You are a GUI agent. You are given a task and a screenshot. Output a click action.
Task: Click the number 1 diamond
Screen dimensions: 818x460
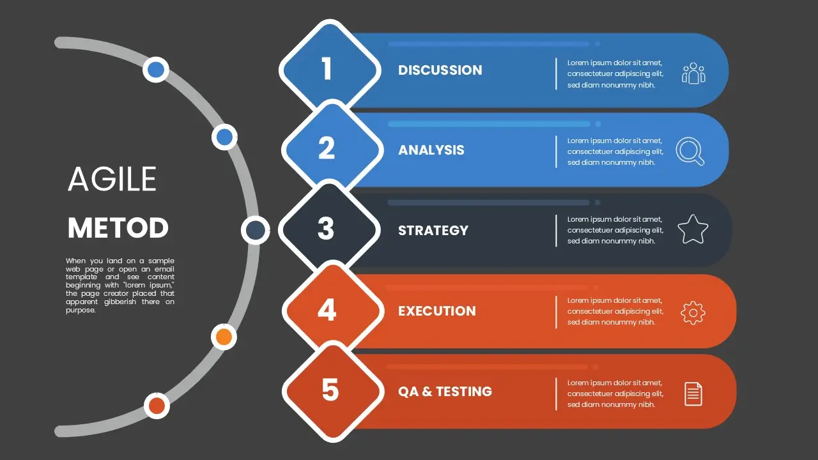click(330, 70)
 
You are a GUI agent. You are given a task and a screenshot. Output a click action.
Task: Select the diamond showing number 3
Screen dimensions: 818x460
click(328, 229)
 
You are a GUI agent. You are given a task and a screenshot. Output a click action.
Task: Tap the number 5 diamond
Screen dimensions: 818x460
click(333, 391)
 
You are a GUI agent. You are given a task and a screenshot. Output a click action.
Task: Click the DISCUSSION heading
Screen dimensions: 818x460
click(440, 70)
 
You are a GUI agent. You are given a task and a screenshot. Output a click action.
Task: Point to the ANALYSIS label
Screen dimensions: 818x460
click(431, 150)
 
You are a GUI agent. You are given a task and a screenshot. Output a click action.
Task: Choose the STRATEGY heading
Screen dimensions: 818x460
click(433, 231)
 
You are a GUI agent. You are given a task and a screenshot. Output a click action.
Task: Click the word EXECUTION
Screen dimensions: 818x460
click(437, 311)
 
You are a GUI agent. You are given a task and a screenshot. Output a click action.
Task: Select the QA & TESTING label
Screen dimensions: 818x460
click(445, 392)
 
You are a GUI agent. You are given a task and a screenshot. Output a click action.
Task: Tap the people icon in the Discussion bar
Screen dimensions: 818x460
click(693, 73)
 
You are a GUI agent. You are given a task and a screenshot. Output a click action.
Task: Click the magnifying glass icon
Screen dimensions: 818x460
click(690, 151)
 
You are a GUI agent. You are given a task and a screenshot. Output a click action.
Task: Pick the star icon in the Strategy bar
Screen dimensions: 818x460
click(693, 229)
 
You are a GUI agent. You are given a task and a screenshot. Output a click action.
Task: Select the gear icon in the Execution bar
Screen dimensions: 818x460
click(693, 313)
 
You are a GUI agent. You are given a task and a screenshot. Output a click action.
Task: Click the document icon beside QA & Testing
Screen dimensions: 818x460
click(693, 394)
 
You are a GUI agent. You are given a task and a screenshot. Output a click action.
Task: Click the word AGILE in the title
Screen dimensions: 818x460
click(112, 179)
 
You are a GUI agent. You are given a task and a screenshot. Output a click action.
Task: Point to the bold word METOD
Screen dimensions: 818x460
click(118, 228)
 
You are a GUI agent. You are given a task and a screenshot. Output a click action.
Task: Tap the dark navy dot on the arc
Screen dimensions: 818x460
click(255, 230)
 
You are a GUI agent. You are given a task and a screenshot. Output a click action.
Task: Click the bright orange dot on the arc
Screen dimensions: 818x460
click(224, 337)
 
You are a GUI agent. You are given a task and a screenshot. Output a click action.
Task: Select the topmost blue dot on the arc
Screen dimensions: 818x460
click(156, 70)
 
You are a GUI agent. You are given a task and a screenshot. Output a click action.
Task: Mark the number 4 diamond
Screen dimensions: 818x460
click(333, 310)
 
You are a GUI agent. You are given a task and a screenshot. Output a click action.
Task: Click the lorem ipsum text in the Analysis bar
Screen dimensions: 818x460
click(615, 151)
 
